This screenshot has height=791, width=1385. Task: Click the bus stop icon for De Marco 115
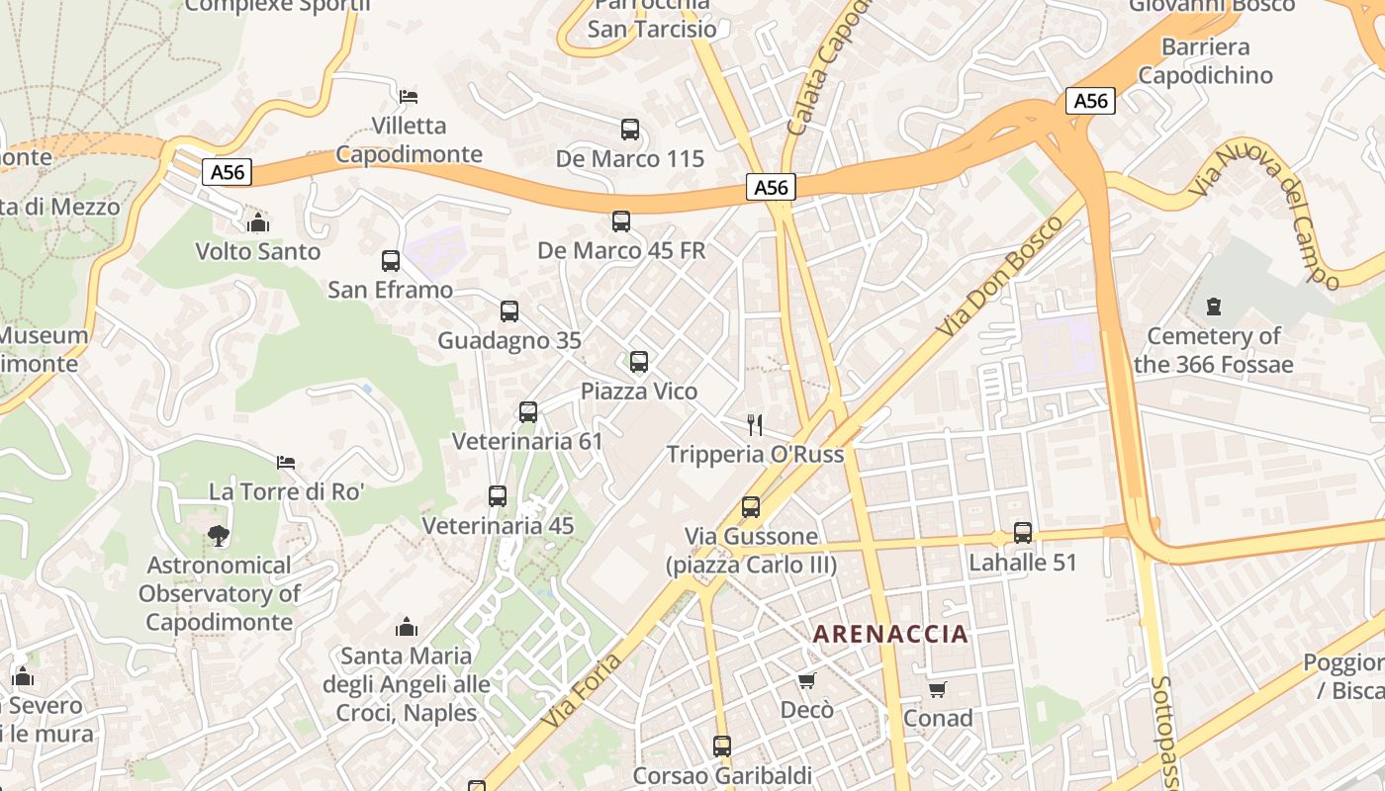pyautogui.click(x=630, y=130)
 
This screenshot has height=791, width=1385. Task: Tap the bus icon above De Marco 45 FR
pyautogui.click(x=621, y=221)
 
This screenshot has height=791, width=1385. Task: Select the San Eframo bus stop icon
pyautogui.click(x=391, y=261)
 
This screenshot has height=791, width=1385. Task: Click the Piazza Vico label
pyautogui.click(x=638, y=392)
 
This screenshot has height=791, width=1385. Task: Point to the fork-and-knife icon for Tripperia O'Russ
pyautogui.click(x=755, y=425)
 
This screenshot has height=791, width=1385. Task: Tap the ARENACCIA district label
pyautogui.click(x=890, y=635)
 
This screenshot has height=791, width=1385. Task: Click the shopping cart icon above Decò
pyautogui.click(x=806, y=681)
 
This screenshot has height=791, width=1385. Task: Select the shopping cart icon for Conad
pyautogui.click(x=937, y=689)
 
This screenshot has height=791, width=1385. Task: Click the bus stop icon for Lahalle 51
pyautogui.click(x=1023, y=533)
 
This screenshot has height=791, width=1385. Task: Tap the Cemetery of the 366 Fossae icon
pyautogui.click(x=1214, y=307)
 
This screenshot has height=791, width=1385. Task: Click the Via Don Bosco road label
pyautogui.click(x=998, y=276)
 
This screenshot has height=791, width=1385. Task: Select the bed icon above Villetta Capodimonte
pyautogui.click(x=409, y=97)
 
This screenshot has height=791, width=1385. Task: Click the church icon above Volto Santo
pyautogui.click(x=258, y=222)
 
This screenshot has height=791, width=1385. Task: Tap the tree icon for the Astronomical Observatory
pyautogui.click(x=219, y=536)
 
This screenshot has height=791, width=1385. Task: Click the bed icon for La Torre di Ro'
pyautogui.click(x=286, y=462)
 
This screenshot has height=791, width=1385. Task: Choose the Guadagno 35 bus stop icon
pyautogui.click(x=509, y=311)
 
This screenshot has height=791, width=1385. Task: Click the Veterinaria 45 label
pyautogui.click(x=498, y=526)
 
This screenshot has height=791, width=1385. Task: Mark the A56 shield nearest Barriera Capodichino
pyautogui.click(x=1090, y=101)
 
